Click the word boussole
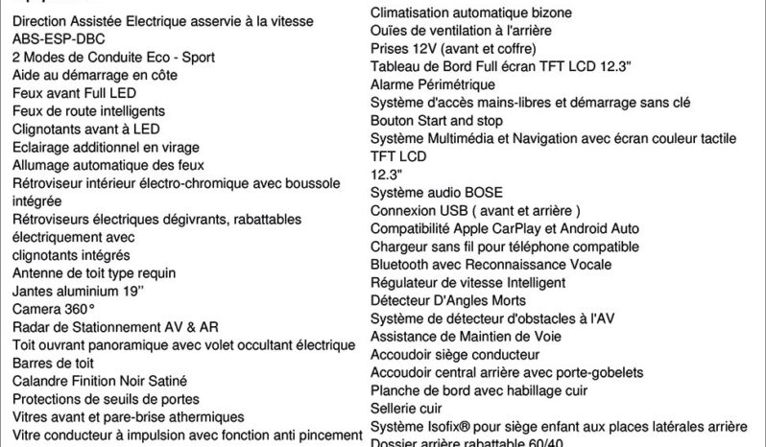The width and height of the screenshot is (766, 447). [304, 183]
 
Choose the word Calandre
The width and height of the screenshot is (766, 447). [41, 381]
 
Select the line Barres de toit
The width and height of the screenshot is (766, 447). [53, 363]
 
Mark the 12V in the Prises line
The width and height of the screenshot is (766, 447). [425, 48]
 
